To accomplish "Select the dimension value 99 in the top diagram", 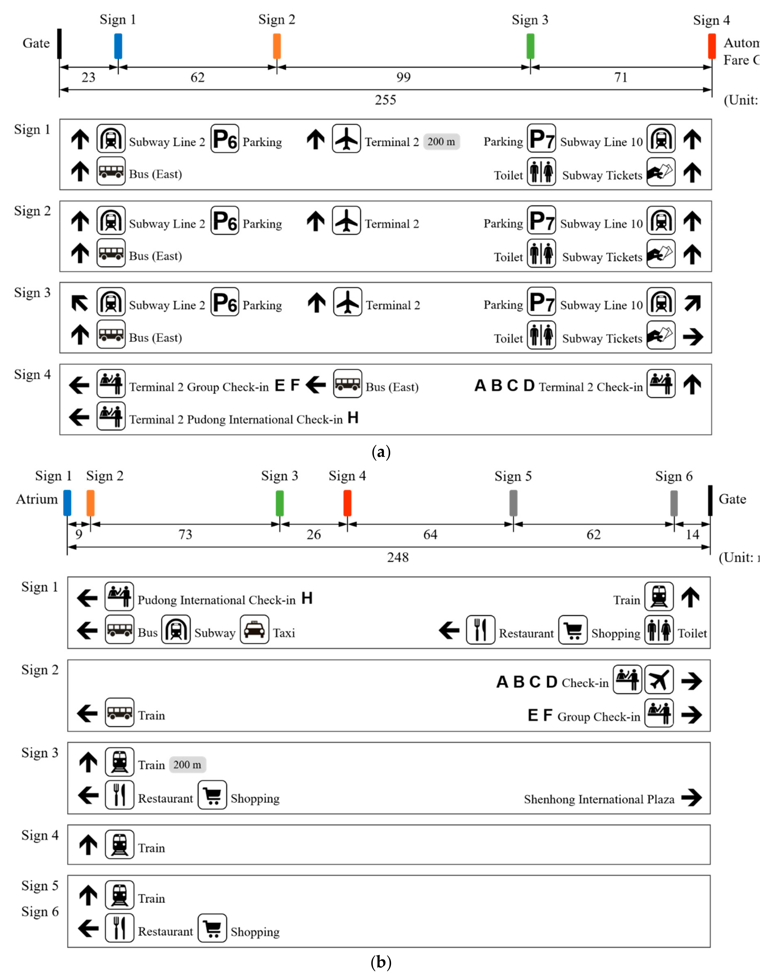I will tap(403, 77).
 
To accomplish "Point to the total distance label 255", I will tap(385, 100).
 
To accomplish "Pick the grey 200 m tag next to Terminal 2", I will tap(441, 141).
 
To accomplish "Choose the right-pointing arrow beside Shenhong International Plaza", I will tap(691, 798).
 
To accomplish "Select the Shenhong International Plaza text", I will tap(599, 799).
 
